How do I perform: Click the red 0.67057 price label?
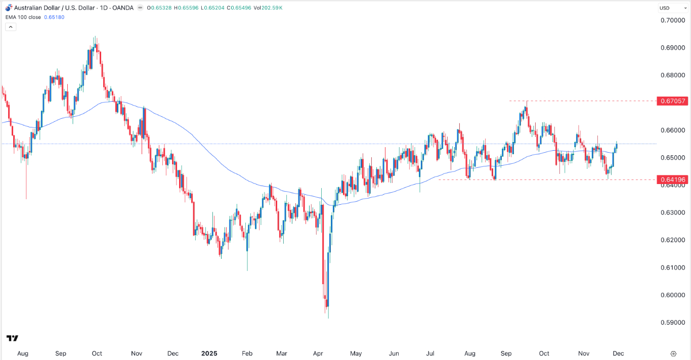672,101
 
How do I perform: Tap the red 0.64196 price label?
672,179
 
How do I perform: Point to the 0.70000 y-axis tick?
672,20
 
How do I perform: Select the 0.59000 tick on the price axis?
672,323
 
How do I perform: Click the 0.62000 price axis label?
672,240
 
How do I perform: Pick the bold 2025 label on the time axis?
209,353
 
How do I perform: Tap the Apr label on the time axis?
318,353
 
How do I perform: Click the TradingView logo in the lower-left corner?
12,338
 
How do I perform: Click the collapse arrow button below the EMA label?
11,27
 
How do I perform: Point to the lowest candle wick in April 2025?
328,317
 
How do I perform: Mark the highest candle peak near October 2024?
95,37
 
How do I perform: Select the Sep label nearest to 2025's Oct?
506,353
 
